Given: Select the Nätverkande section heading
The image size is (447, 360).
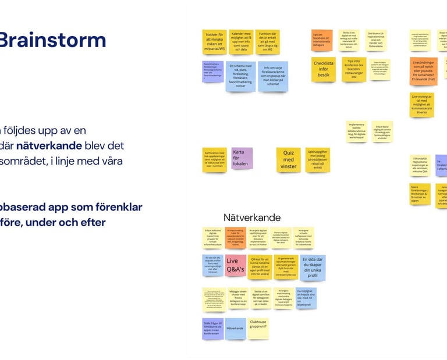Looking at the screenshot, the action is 252,218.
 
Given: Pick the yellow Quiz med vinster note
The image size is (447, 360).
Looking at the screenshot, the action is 288,158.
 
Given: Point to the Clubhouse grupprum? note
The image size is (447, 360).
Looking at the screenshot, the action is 258,329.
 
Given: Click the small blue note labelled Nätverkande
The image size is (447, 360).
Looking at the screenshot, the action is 235,329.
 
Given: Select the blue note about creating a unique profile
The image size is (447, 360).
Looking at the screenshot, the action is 313,268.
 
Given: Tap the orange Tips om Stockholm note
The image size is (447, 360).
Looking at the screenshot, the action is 322,40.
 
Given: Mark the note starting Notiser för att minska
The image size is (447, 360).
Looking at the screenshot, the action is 214,42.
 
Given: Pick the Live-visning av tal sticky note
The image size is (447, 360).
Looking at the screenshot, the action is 422,105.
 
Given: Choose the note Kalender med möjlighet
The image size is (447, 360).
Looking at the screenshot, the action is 241,42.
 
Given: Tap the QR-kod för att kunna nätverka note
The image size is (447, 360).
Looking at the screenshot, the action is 260,267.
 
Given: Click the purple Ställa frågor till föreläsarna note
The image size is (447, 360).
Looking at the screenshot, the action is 213,329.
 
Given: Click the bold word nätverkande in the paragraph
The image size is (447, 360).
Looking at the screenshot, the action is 41,145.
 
